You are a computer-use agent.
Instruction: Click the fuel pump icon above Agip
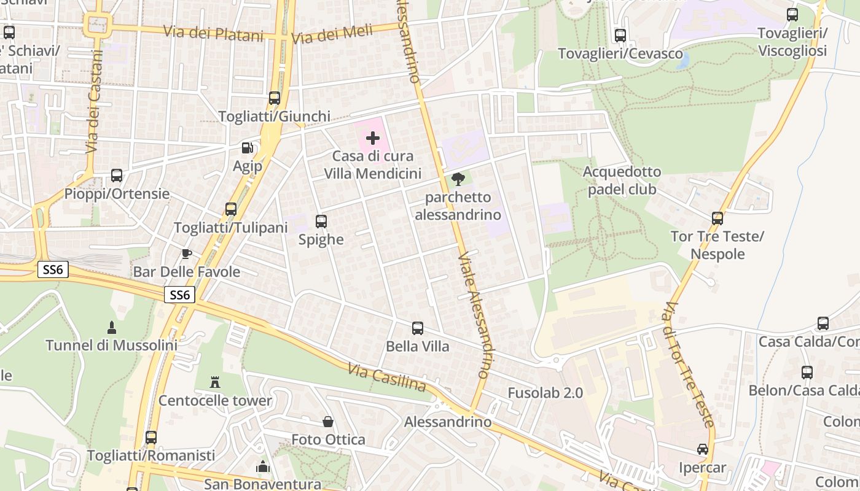[247, 148]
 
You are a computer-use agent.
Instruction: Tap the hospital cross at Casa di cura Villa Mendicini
[372, 138]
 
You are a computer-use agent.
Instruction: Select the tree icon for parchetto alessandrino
[458, 179]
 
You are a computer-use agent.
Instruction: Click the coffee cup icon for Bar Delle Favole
[187, 253]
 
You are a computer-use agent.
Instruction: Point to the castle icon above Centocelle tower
[215, 382]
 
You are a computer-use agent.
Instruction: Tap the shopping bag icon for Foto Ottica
[328, 422]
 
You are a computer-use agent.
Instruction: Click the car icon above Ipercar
[702, 449]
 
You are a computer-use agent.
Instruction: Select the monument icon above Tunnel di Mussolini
[111, 327]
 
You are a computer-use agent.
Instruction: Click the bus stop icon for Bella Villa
[418, 328]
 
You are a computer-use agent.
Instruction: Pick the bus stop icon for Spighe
[321, 222]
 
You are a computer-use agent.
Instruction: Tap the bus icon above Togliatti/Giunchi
[275, 98]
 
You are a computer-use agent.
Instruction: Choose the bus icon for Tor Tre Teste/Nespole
[717, 218]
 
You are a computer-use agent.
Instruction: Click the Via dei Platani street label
[213, 33]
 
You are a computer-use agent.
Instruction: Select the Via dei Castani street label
[93, 110]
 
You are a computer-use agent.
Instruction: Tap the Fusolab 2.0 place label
[545, 393]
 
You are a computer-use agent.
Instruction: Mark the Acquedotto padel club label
[622, 180]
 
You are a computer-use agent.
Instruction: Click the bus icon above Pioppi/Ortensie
[117, 176]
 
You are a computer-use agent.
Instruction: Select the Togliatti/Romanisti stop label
[151, 455]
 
